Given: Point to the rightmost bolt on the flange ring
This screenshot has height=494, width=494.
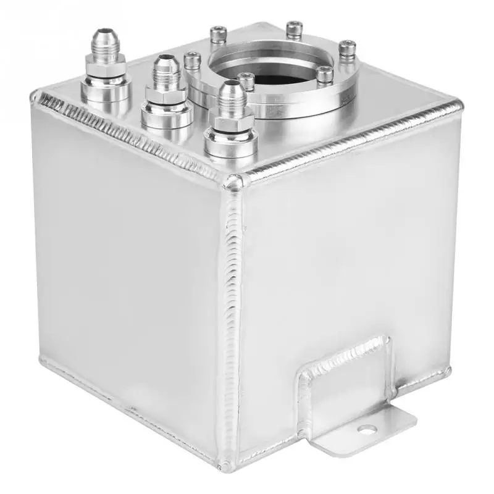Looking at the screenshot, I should (x=348, y=46).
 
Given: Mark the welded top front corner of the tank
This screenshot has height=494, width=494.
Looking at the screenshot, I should (x=235, y=181).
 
